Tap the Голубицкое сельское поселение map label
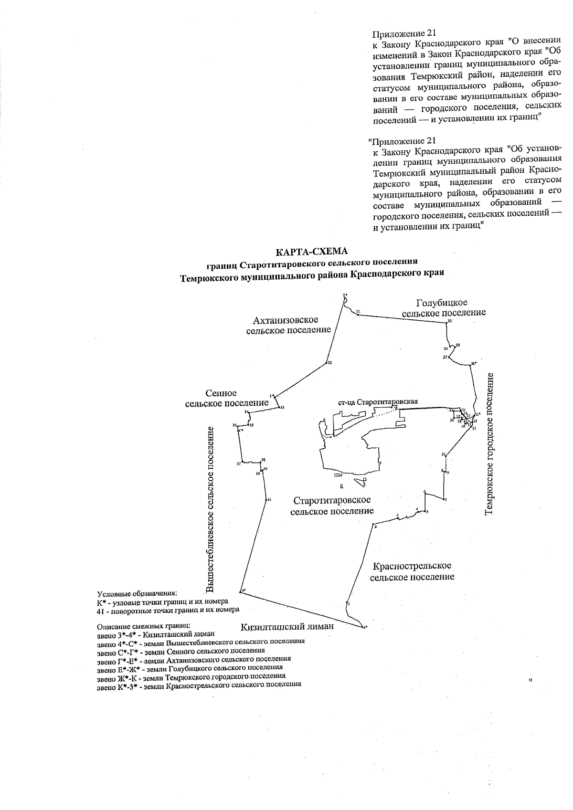(x=444, y=308)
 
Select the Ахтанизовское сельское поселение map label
(x=288, y=325)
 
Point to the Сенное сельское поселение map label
(x=226, y=398)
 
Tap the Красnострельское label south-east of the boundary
(x=412, y=571)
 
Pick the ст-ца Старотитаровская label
(x=378, y=402)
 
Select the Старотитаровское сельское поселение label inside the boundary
(x=332, y=505)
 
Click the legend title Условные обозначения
(x=137, y=594)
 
